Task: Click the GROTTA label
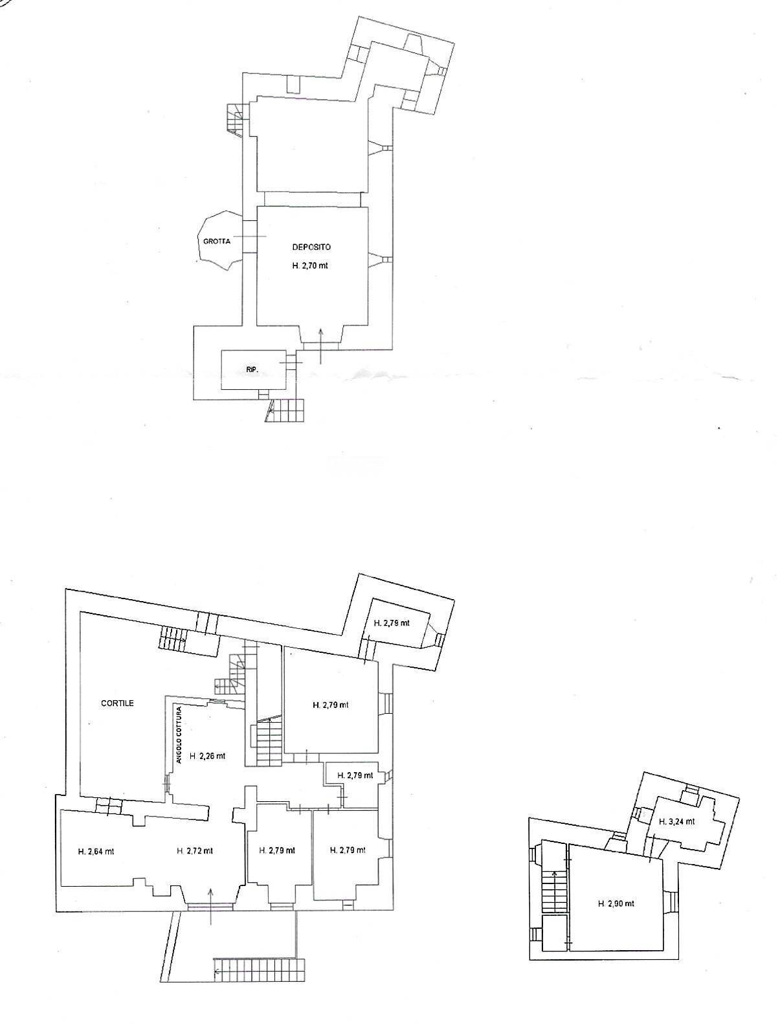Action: (217, 242)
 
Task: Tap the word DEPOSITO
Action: (311, 247)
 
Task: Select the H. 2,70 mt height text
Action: (311, 265)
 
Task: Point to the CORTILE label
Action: (117, 703)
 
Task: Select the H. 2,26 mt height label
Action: (208, 755)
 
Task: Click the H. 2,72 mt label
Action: (195, 851)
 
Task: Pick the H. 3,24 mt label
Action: (676, 821)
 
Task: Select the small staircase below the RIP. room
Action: (287, 409)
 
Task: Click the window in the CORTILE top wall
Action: (207, 624)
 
